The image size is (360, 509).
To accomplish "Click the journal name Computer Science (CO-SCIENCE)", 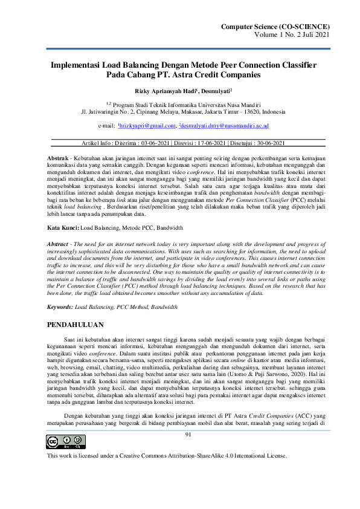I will [x=276, y=27].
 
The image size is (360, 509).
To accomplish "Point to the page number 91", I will [x=188, y=433].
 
